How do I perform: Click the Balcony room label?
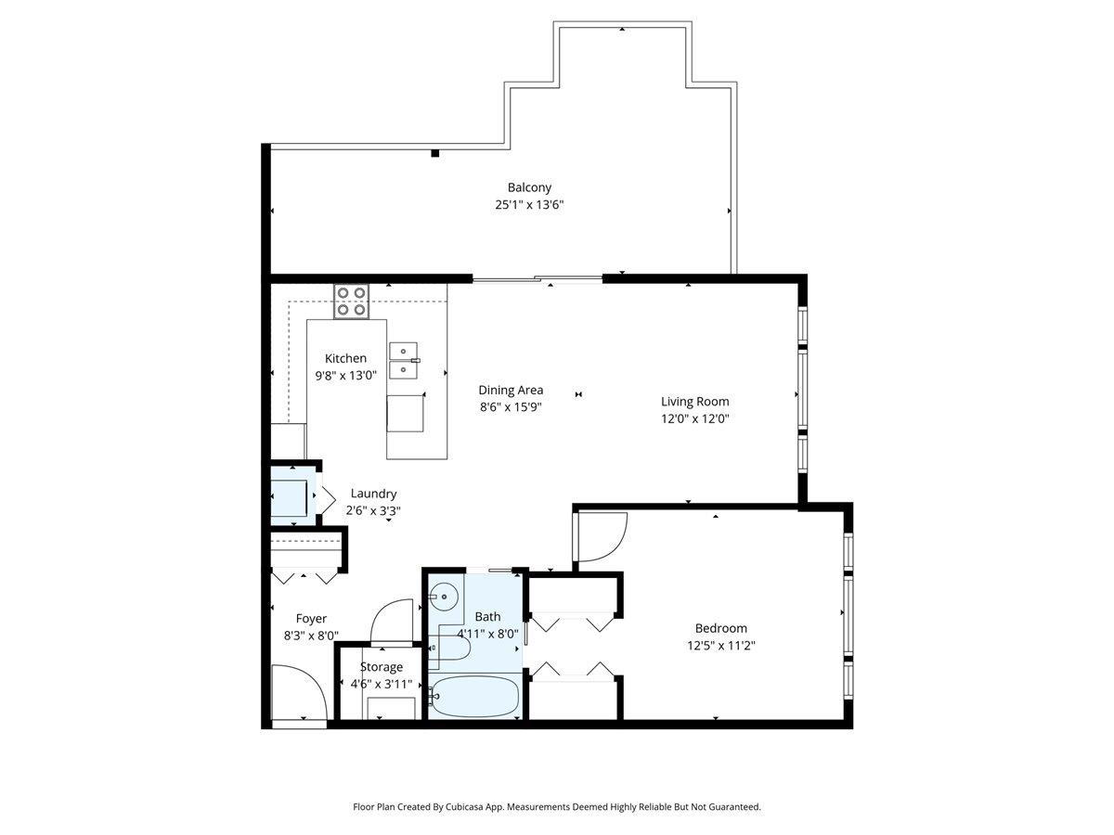(529, 187)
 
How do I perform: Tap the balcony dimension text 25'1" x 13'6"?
(529, 205)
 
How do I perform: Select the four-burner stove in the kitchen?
(352, 302)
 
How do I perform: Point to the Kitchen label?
(345, 358)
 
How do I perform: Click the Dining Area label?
(511, 390)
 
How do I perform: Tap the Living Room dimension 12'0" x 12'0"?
(694, 418)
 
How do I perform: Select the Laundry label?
(373, 494)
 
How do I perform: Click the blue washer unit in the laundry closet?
(291, 496)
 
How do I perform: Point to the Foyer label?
(311, 618)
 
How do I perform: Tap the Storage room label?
(382, 666)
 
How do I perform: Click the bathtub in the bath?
(475, 696)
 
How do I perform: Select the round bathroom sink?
(447, 596)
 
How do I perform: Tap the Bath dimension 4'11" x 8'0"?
(487, 635)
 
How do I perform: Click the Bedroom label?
(720, 628)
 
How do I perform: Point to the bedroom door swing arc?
(603, 538)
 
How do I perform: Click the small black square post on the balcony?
(434, 153)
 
